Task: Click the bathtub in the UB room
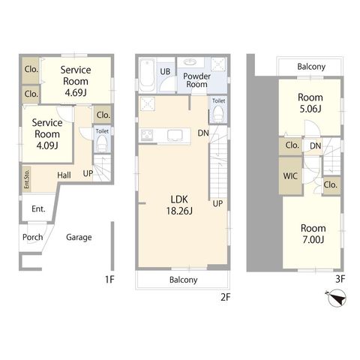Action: [x=146, y=75]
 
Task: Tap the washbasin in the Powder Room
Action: [x=191, y=61]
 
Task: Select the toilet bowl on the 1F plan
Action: [x=102, y=144]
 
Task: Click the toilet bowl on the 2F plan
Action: [x=219, y=113]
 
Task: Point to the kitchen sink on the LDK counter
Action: [x=175, y=136]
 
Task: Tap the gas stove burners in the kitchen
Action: [x=148, y=135]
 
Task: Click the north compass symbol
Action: [x=337, y=298]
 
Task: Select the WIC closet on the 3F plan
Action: [x=291, y=175]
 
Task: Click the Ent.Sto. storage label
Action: [x=27, y=179]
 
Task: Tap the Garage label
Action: [x=79, y=237]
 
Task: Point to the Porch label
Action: [x=32, y=237]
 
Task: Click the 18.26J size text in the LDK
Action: [x=179, y=211]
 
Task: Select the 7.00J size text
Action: [x=313, y=240]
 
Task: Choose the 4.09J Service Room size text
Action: [x=47, y=145]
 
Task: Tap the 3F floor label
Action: [x=340, y=279]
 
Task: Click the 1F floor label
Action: [x=109, y=279]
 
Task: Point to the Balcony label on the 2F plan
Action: [x=184, y=280]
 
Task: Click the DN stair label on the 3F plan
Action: [x=315, y=145]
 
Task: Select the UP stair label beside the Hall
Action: [x=88, y=173]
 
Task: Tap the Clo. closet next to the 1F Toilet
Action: [x=103, y=115]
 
